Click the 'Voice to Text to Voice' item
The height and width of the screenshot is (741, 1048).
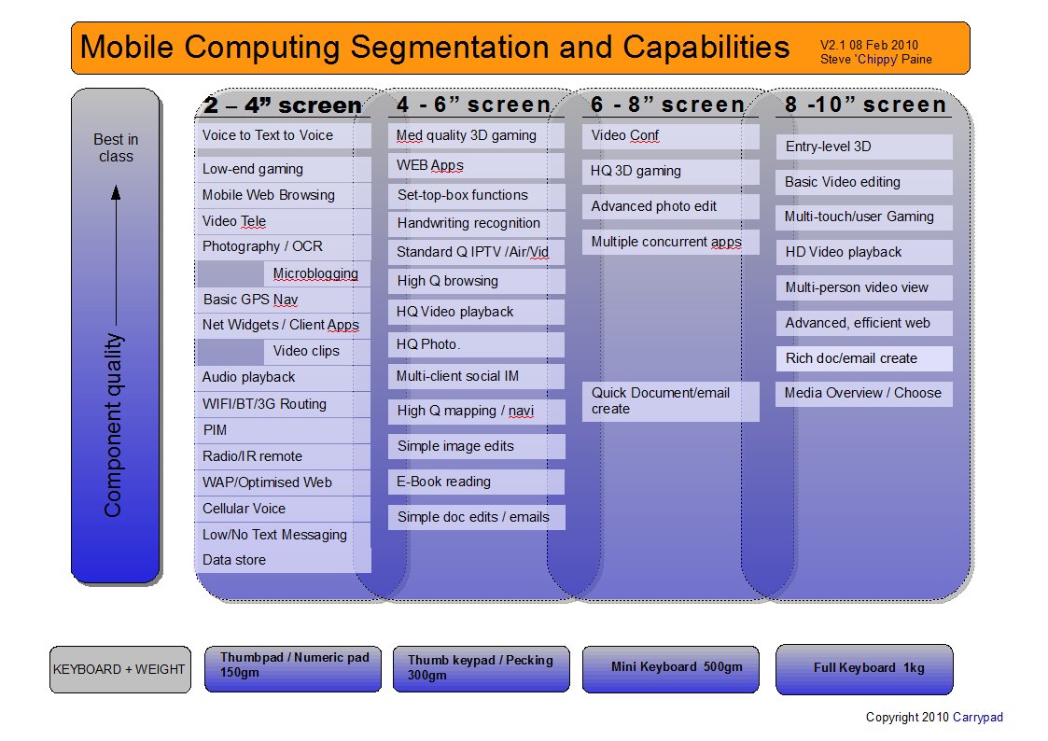283,135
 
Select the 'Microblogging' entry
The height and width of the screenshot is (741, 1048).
316,273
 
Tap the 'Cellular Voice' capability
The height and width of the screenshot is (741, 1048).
283,509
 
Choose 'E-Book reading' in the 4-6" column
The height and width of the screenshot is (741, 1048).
476,482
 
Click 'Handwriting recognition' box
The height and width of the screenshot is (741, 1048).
476,223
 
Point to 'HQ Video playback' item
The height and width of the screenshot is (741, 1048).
476,312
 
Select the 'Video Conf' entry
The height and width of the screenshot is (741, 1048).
670,135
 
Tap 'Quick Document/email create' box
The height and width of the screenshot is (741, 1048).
670,401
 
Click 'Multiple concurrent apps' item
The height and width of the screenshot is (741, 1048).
670,242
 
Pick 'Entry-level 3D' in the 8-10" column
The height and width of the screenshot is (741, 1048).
864,147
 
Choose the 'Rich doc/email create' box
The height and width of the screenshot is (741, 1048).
864,358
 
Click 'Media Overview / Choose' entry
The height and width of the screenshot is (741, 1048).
864,394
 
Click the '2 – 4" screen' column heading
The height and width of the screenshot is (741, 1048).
283,105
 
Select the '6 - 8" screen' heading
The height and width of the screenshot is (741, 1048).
667,105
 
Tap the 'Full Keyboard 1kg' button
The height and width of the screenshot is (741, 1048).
864,669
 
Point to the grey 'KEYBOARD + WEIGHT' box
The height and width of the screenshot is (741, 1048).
120,669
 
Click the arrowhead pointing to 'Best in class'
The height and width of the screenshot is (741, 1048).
116,193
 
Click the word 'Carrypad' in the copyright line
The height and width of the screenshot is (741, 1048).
978,717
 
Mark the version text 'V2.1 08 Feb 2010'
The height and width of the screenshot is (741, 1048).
870,45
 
